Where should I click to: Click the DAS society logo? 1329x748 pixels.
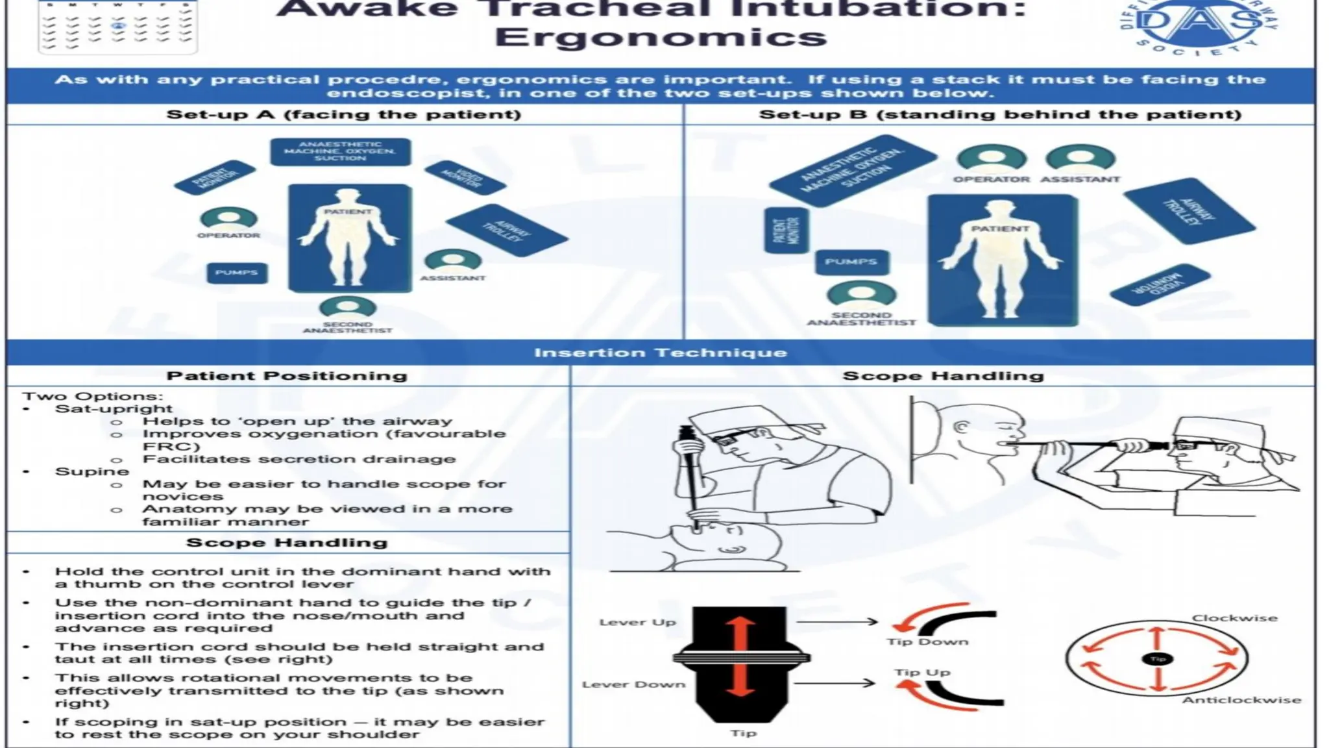(1199, 25)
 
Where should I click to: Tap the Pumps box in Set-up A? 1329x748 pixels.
(237, 273)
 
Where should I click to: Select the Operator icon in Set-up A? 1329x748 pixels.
(228, 219)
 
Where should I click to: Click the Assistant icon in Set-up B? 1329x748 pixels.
(1080, 159)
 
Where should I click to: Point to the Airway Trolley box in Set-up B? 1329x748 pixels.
(1189, 211)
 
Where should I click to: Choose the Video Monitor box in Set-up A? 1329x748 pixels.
(465, 177)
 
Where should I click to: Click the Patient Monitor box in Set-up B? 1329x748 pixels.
(786, 231)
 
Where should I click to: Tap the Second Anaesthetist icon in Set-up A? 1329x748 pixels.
(348, 307)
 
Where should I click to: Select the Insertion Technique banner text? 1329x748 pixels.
(661, 353)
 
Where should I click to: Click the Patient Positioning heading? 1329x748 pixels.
(287, 376)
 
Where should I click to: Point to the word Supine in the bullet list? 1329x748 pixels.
(92, 471)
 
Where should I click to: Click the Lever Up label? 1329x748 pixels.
(637, 622)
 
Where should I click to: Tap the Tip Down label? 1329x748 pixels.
(927, 642)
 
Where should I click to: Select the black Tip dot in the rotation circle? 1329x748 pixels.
(1158, 659)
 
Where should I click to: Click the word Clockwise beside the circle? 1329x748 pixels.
(1234, 618)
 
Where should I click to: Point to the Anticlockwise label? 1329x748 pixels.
(1241, 700)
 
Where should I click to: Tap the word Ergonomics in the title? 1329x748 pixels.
(661, 37)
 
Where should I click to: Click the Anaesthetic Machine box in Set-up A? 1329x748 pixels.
(340, 151)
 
